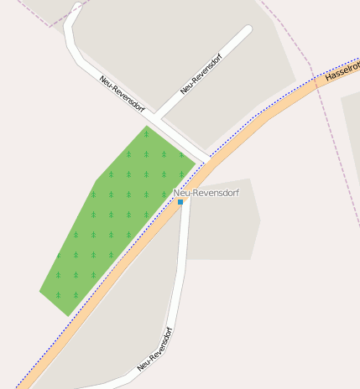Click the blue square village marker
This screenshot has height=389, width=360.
click(x=180, y=202)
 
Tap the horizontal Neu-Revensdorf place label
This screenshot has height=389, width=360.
click(x=206, y=193)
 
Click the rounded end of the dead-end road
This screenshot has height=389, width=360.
click(x=247, y=30)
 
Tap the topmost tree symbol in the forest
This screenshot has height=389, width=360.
click(x=146, y=133)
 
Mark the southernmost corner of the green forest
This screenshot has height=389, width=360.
click(x=68, y=316)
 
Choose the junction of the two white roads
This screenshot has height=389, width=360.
click(x=157, y=117)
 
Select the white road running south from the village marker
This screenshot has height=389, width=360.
click(x=180, y=277)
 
